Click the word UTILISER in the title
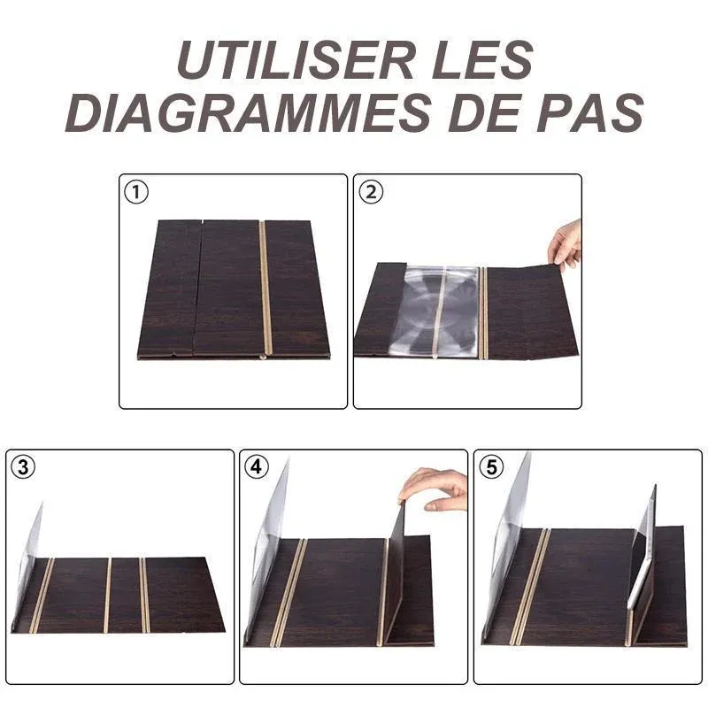(296, 60)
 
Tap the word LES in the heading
(482, 60)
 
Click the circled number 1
(136, 192)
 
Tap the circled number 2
(371, 192)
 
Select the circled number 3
(23, 467)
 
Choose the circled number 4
(256, 467)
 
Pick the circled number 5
(491, 467)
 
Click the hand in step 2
(566, 246)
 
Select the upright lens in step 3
(28, 565)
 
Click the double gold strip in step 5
(530, 586)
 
